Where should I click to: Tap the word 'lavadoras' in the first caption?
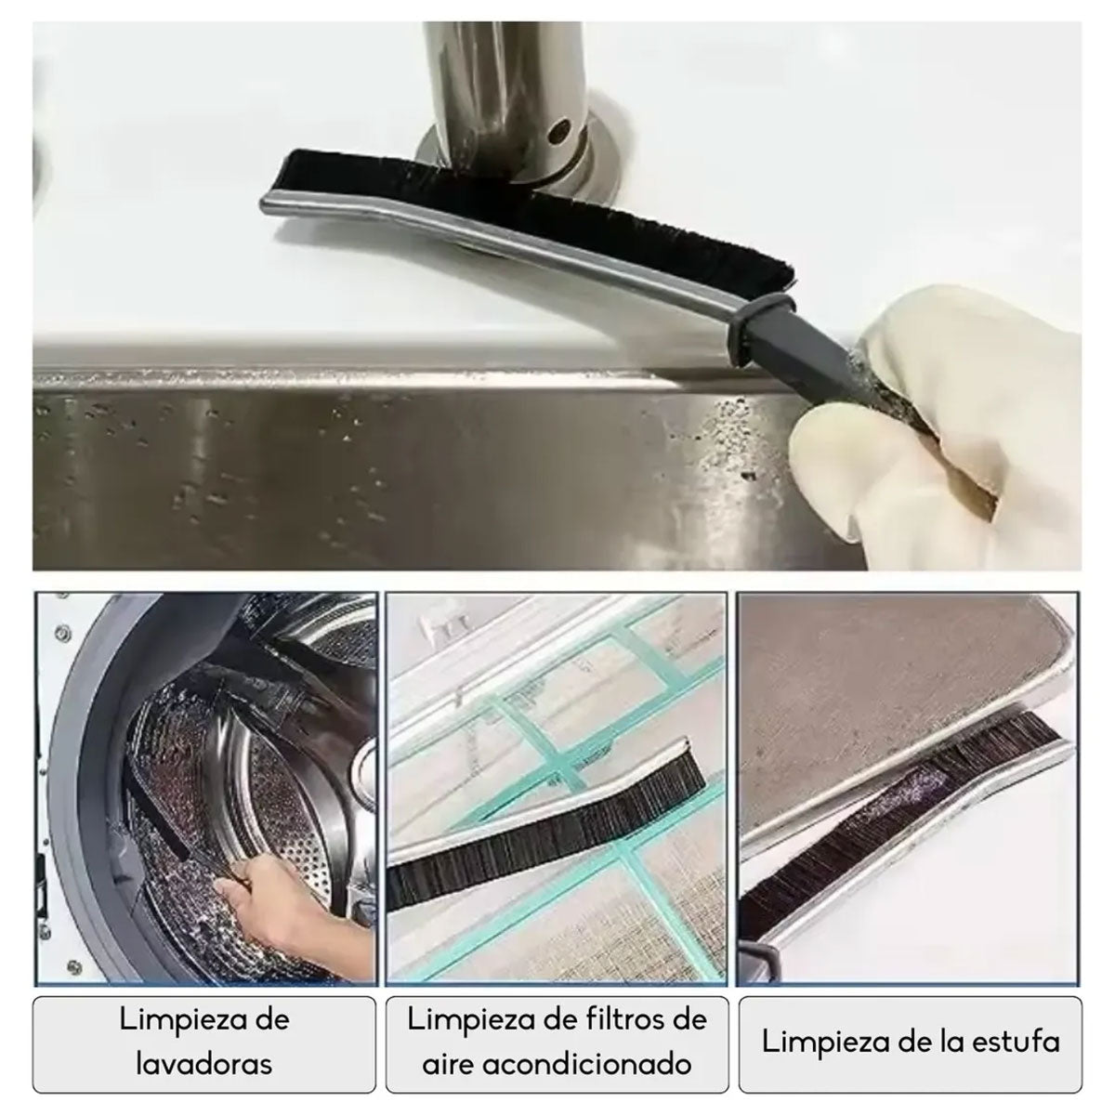click(x=204, y=1063)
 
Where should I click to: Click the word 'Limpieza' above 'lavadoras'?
click(x=204, y=1019)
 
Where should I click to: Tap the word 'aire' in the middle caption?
click(x=452, y=1063)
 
